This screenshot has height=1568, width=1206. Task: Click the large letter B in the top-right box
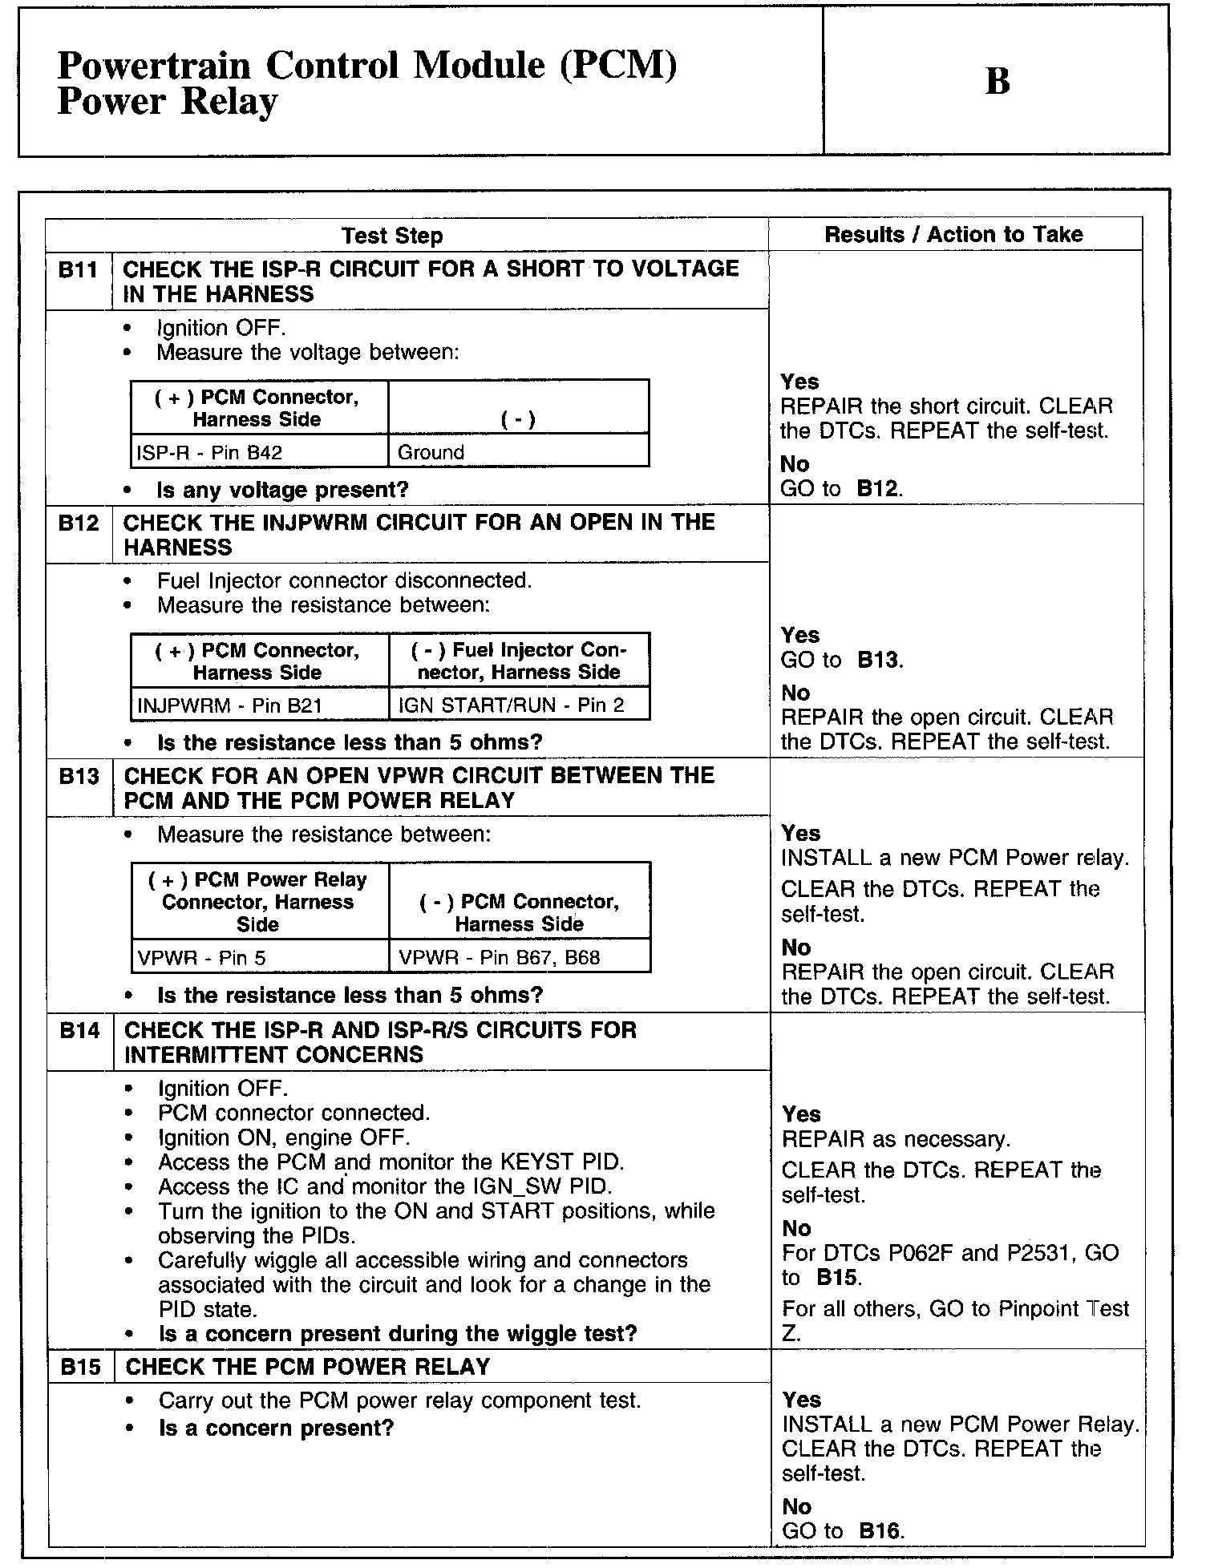(x=997, y=81)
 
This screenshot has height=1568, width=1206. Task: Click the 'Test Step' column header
(x=391, y=236)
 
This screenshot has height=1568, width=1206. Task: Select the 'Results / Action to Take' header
(x=953, y=234)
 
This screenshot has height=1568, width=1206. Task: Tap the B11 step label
(x=78, y=270)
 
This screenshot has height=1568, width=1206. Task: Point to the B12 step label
(x=78, y=523)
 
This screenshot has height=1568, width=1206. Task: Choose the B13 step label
(x=79, y=777)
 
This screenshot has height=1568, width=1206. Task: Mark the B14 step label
(x=79, y=1030)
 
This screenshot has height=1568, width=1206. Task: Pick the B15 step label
(x=80, y=1367)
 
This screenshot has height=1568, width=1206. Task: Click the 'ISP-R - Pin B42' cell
(x=210, y=453)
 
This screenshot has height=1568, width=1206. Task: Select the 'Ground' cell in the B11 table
(x=431, y=453)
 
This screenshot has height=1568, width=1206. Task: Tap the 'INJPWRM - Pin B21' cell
(x=218, y=706)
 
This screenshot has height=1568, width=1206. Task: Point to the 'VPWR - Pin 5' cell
(x=202, y=958)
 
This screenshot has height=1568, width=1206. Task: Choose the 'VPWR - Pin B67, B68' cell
(x=500, y=958)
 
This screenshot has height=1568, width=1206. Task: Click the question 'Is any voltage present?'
(x=283, y=490)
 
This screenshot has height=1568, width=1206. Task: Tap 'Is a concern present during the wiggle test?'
(x=398, y=1334)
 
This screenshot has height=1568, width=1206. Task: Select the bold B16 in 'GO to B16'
(x=880, y=1530)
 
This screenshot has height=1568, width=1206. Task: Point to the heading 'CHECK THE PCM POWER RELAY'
(x=308, y=1367)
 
